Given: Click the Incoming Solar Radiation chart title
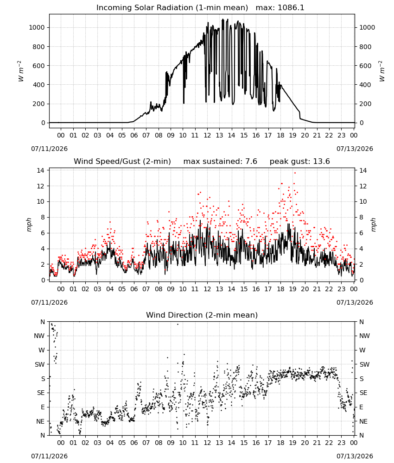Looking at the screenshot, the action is [x=172, y=8].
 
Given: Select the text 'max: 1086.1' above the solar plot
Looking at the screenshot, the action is [x=280, y=8].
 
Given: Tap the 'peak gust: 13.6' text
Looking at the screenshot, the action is [x=300, y=162].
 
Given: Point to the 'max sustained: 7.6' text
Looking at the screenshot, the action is [x=220, y=162].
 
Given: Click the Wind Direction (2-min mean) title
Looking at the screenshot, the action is [x=202, y=315].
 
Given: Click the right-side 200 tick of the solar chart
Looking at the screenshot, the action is [x=365, y=104].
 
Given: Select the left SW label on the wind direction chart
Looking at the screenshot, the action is [x=40, y=364].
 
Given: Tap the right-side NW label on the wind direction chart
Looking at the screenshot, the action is [x=364, y=336].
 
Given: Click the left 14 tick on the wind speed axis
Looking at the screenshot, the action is [x=41, y=170].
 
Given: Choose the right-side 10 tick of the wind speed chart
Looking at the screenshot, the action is [x=363, y=202].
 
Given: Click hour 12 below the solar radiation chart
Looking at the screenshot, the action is [x=207, y=135].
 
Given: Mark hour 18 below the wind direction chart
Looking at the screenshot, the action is [x=280, y=443].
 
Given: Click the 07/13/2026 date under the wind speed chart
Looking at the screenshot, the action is [x=355, y=302].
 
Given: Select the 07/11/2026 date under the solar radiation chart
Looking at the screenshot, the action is [x=49, y=149].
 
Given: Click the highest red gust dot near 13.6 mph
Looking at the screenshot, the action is [x=295, y=173].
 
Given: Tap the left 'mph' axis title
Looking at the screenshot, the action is [x=29, y=225].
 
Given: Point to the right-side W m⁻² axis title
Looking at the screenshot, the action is [x=381, y=71].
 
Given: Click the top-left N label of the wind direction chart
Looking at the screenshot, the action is [x=43, y=322].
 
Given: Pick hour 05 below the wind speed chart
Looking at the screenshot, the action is [x=122, y=289].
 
